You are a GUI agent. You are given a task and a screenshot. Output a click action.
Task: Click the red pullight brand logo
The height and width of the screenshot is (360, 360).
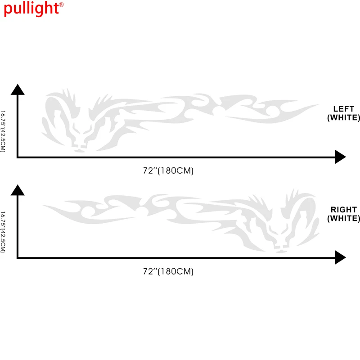tap(31, 8)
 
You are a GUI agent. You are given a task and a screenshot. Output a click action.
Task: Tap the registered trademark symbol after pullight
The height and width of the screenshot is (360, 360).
tap(62, 4)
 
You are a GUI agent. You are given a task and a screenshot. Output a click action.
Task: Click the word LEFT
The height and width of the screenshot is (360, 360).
tap(344, 109)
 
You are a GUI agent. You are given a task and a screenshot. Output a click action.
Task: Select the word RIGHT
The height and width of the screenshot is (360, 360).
tap(344, 210)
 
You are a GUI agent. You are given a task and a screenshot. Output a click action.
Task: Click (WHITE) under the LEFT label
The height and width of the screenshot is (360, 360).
tap(344, 118)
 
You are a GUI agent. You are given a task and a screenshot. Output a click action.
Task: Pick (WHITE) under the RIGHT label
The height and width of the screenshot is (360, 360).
tap(344, 219)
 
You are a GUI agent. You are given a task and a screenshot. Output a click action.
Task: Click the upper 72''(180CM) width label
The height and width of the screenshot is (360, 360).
tap(168, 171)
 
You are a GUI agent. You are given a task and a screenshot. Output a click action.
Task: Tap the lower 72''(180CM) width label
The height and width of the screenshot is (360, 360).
tap(168, 271)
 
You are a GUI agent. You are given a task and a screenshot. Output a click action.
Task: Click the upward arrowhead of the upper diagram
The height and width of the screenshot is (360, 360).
tap(18, 89)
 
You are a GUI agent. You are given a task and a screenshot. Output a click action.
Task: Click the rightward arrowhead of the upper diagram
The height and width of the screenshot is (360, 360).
tap(340, 157)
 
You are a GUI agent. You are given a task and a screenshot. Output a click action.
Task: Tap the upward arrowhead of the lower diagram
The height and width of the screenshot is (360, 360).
tap(18, 190)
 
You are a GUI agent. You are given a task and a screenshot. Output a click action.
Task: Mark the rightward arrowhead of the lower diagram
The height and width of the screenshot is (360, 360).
tap(340, 258)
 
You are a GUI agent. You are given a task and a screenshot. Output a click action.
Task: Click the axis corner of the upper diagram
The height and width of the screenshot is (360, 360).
tap(18, 157)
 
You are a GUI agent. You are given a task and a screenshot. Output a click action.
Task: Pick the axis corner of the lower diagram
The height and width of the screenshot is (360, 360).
tap(18, 258)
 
